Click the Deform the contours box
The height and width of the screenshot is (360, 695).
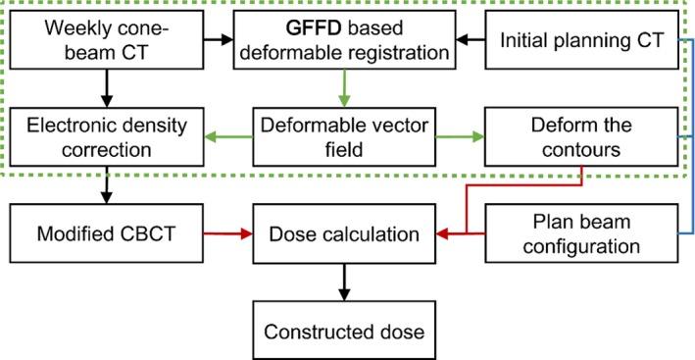(x=580, y=137)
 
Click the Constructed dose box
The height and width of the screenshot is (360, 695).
(x=343, y=331)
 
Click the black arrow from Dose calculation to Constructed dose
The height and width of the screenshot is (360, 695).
(x=343, y=282)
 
